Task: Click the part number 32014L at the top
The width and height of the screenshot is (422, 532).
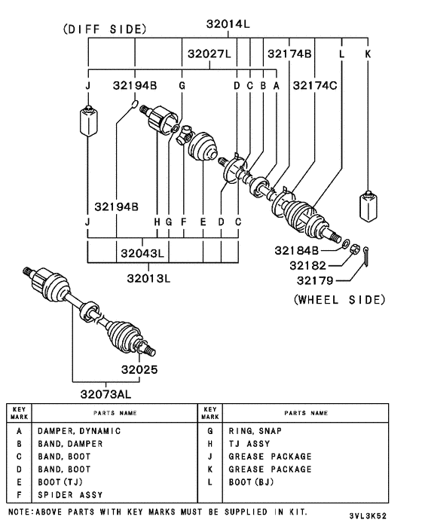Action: click(228, 24)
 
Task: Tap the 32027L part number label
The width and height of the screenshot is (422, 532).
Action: click(209, 54)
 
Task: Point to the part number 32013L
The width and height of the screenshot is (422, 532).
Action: click(148, 277)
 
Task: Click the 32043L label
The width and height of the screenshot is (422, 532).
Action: click(142, 252)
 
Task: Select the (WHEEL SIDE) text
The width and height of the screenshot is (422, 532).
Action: click(338, 299)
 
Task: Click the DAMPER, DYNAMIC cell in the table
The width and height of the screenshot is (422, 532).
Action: click(79, 431)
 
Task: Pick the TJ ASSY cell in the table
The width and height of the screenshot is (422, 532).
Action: click(249, 444)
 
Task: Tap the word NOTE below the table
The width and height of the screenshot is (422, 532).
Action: click(19, 512)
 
